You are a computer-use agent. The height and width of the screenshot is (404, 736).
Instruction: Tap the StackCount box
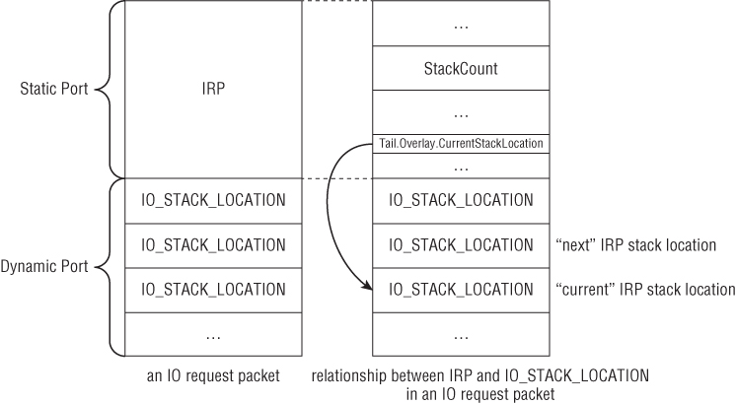(x=461, y=70)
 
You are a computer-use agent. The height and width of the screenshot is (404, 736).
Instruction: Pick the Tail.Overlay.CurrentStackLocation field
(x=461, y=144)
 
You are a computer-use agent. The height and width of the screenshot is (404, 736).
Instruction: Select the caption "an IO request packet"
(x=213, y=375)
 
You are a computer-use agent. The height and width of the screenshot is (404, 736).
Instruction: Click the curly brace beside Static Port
(x=108, y=90)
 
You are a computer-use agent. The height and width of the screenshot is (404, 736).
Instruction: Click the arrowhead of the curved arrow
(x=367, y=288)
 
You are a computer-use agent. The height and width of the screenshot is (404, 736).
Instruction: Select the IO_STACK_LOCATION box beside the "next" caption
(x=461, y=245)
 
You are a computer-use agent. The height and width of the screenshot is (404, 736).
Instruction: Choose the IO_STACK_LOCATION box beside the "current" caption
(x=461, y=290)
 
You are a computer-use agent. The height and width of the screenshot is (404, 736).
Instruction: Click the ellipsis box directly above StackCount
(x=461, y=26)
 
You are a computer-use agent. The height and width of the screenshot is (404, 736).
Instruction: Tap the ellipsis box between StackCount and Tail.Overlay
(x=461, y=112)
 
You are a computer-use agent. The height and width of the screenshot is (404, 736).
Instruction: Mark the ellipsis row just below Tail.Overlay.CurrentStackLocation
(x=461, y=166)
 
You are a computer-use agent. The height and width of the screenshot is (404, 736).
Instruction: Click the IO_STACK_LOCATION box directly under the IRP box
(x=214, y=201)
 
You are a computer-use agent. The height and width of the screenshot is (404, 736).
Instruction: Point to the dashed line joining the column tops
(x=336, y=2)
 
